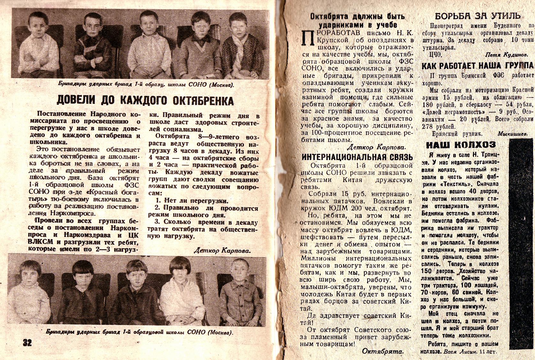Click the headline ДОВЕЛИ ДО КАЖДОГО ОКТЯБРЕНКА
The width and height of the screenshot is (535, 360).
[x=145, y=100]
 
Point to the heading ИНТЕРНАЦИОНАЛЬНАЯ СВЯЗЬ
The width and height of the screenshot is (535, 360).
[x=357, y=157]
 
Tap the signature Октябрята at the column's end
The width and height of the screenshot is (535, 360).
[x=383, y=351]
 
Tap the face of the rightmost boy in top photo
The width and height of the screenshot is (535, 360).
[x=240, y=27]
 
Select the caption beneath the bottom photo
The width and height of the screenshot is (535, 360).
[x=139, y=332]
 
